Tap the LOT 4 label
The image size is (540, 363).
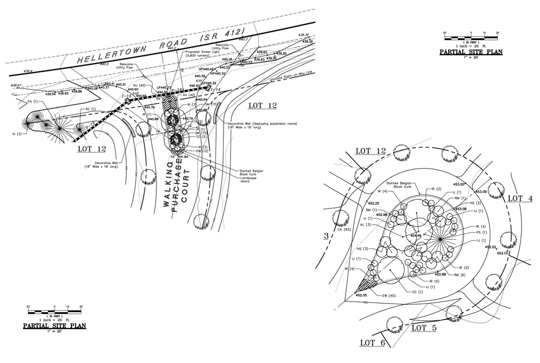[520, 198]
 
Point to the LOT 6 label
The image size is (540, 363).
[373, 342]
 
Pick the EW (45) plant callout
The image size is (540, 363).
[388, 296]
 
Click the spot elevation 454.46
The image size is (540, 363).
[416, 236]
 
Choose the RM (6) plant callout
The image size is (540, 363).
[475, 275]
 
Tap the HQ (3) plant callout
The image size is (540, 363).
[362, 248]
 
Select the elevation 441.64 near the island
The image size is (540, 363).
[182, 157]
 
